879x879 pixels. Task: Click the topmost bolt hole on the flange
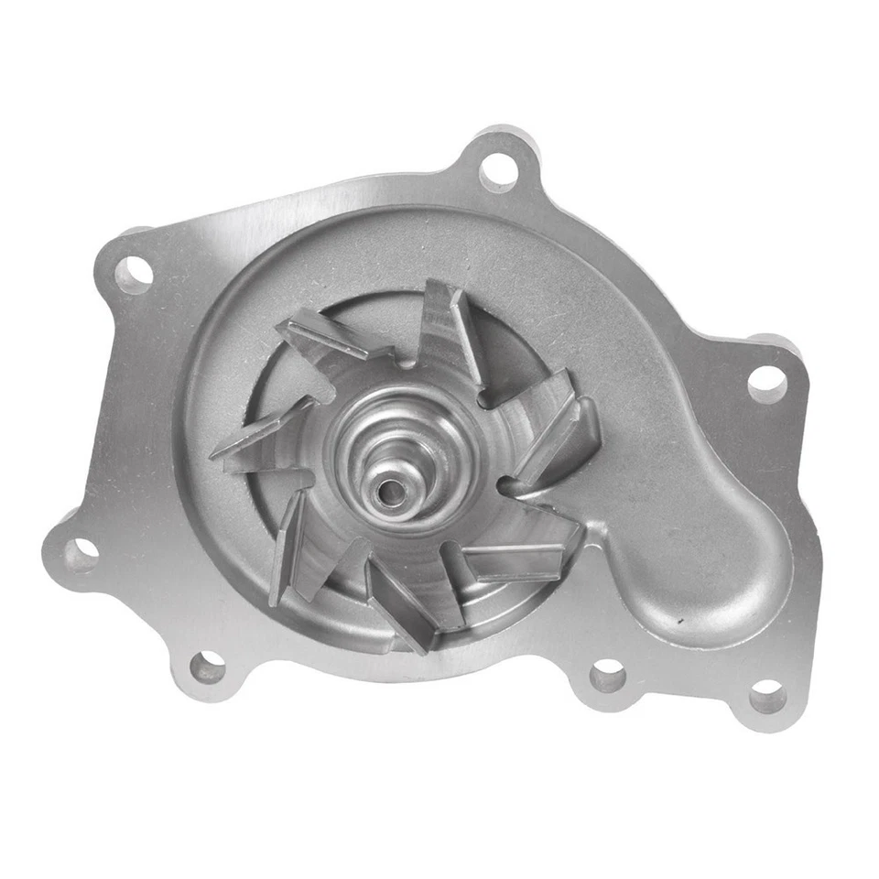[x=497, y=170]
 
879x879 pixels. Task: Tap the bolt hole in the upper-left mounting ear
[x=134, y=273]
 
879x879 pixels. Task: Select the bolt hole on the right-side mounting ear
[x=766, y=383]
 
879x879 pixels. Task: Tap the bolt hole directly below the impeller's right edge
[x=607, y=678]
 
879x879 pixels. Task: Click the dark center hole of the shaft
[x=388, y=492]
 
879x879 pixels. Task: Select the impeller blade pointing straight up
[x=450, y=330]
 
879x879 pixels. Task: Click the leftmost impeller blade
[x=261, y=434]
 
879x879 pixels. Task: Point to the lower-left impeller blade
[x=288, y=549]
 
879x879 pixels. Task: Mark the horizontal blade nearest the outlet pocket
[x=513, y=557]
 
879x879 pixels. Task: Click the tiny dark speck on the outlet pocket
[x=678, y=620]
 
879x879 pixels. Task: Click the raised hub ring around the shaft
[x=403, y=449]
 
